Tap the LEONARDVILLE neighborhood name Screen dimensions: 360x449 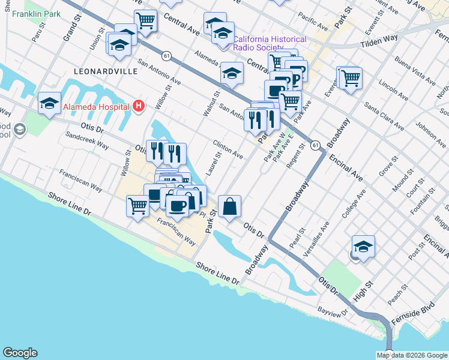[x=105, y=71]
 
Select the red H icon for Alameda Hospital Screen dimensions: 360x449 [x=139, y=107]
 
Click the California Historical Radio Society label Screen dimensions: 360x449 [x=270, y=43]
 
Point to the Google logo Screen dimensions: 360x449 [x=20, y=353]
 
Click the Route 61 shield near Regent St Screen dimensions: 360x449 [x=315, y=145]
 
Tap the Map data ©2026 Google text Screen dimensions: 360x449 [x=412, y=355]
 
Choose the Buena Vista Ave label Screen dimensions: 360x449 [x=416, y=70]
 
